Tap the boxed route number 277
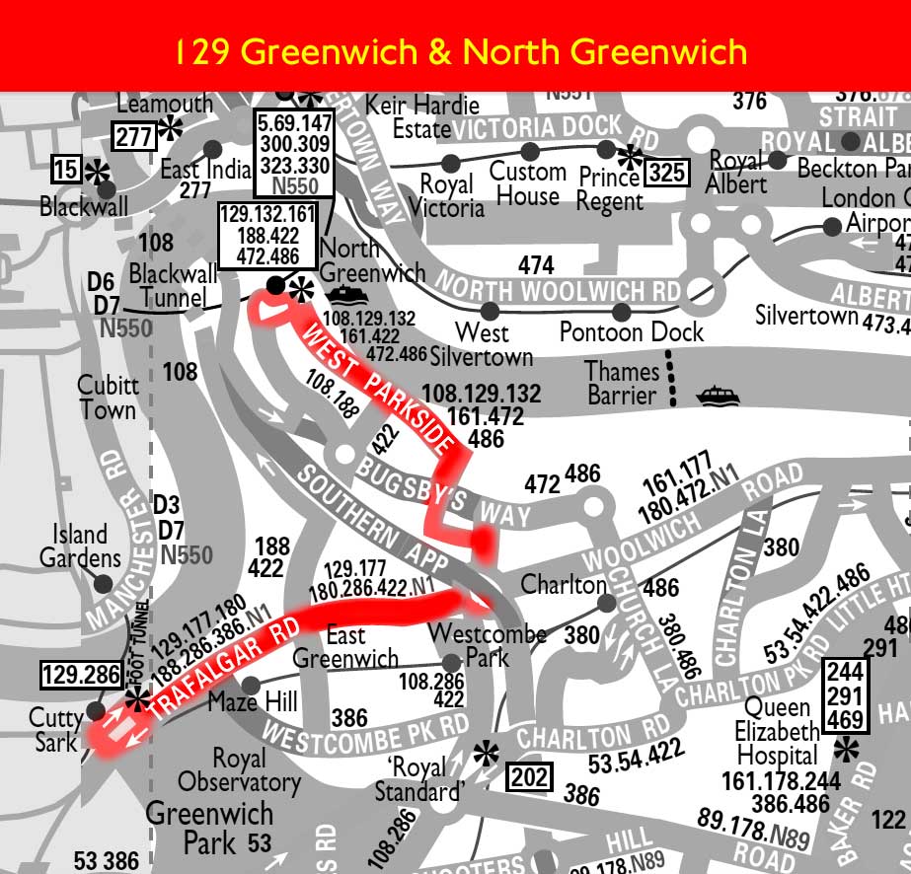tap(134, 136)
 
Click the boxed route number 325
tap(666, 174)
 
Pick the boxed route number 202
tap(529, 777)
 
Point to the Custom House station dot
tap(530, 151)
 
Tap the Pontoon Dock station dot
tap(621, 312)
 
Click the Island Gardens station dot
tap(103, 584)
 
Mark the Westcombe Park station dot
tap(450, 662)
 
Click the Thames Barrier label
tap(622, 384)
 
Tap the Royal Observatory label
tap(239, 770)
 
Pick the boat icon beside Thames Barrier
tap(717, 396)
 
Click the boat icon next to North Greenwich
tap(346, 294)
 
